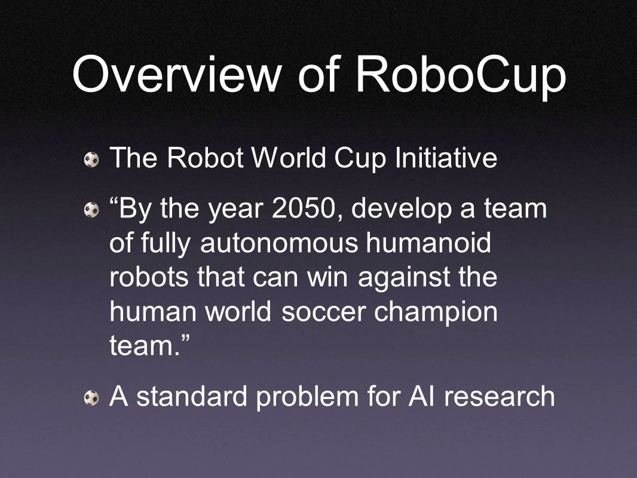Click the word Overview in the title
pos(177,74)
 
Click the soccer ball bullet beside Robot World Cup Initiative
pos(91,159)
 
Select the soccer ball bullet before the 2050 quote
pos(91,210)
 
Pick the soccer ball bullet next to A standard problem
pos(91,398)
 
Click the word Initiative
pos(446,158)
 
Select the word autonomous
pos(279,243)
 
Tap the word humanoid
pos(428,243)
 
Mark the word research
pos(500,396)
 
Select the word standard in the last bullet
pos(192,396)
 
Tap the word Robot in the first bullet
pos(205,158)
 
